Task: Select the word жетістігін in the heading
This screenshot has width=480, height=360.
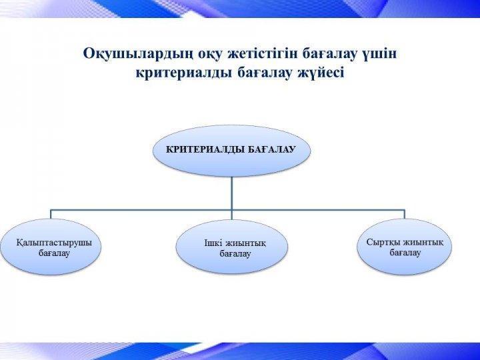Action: point(263,53)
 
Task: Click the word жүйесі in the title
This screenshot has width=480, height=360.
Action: point(321,73)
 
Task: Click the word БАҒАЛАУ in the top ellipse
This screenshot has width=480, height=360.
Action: point(271,149)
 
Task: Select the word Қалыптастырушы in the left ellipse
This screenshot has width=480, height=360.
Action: point(54,243)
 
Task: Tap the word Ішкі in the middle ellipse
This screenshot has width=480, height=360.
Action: point(213,243)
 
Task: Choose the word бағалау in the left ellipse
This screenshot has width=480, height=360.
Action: point(54,253)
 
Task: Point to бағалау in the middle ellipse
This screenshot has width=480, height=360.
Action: point(235,254)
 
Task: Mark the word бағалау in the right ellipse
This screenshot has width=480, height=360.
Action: point(405,253)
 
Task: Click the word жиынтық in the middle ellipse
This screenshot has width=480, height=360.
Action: point(246,244)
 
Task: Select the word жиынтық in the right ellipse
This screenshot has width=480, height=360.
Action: point(423,243)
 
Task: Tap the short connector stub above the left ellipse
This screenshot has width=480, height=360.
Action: point(51,214)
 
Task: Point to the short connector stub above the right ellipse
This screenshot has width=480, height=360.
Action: point(405,214)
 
